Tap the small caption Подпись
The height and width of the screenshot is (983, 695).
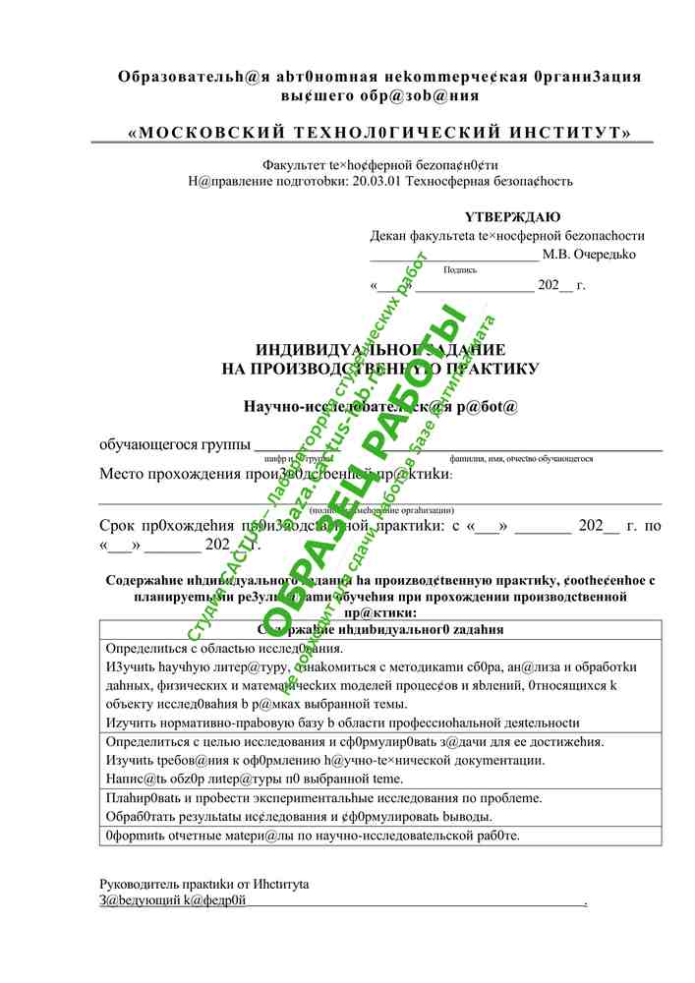[x=460, y=268]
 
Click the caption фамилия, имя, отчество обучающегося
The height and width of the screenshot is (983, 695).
[x=520, y=458]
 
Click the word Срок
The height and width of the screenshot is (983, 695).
[x=122, y=526]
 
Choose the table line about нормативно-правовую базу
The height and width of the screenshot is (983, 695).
[x=341, y=722]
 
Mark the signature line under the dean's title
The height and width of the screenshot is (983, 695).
[x=454, y=256]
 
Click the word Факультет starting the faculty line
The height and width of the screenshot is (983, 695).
[x=294, y=166]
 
